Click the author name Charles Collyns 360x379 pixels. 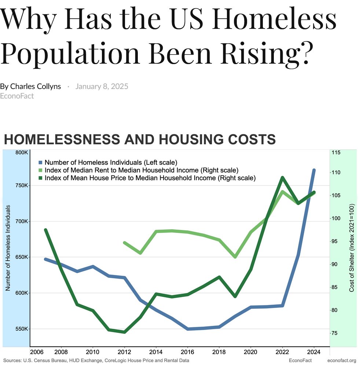click(35, 86)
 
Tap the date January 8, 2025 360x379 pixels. click(102, 86)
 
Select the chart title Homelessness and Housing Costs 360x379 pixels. click(139, 140)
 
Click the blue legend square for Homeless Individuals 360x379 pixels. click(41, 162)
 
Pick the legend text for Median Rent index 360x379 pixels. click(141, 170)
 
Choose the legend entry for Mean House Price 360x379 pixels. click(150, 178)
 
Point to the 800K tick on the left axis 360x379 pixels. click(21, 152)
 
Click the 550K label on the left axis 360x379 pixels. click(21, 329)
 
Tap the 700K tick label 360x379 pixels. click(21, 222)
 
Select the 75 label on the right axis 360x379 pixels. click(334, 333)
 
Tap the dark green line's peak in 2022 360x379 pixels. click(282, 178)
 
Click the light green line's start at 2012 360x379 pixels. click(125, 243)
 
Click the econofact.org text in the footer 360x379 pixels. click(341, 361)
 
